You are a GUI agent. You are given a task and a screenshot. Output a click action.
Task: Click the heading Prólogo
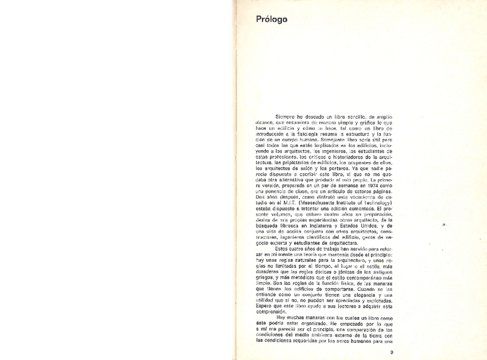pyautogui.click(x=272, y=20)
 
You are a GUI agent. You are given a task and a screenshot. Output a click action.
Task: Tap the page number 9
pyautogui.click(x=391, y=352)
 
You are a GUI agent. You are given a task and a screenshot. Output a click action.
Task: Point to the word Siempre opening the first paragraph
pyautogui.click(x=285, y=116)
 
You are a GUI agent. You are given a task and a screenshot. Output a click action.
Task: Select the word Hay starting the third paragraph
pyautogui.click(x=282, y=318)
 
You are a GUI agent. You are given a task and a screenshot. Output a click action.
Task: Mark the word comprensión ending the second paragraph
pyautogui.click(x=271, y=312)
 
